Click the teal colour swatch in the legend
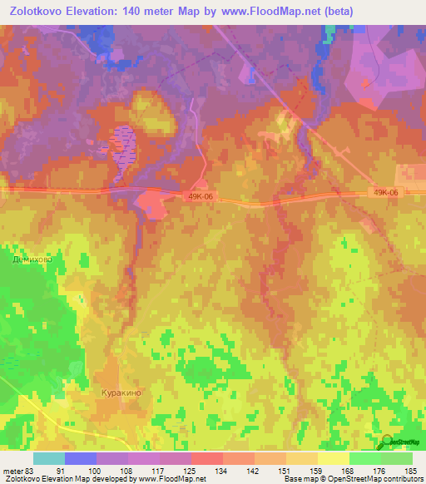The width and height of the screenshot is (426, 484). click(x=48, y=458)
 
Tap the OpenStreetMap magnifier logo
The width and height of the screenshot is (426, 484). click(x=387, y=441)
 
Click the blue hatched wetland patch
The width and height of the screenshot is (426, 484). click(x=120, y=149)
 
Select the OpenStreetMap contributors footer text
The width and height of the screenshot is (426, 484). click(x=374, y=479)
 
